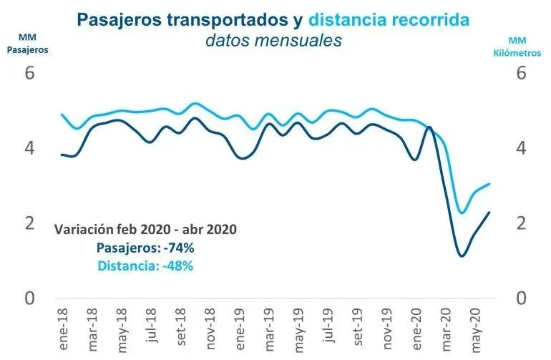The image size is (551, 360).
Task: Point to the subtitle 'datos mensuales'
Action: (x=273, y=41)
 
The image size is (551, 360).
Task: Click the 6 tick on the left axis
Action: (x=30, y=74)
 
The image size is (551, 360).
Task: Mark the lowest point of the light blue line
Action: (x=462, y=213)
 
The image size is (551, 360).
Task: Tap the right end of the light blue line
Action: (x=489, y=184)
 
